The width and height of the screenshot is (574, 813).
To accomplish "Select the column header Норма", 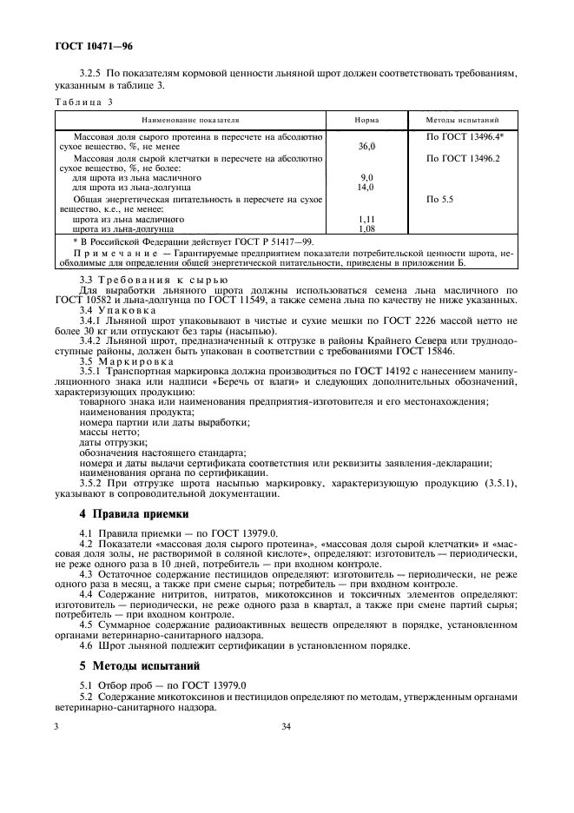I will (x=366, y=120).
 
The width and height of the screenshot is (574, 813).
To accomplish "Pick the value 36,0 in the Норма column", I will (x=366, y=147).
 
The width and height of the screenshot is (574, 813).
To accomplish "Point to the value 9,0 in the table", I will (x=366, y=177).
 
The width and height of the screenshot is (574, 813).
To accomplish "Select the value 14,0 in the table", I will (x=366, y=187).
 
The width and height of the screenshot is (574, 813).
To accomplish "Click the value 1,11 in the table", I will (x=366, y=219).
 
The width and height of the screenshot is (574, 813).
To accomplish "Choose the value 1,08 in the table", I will (x=366, y=228).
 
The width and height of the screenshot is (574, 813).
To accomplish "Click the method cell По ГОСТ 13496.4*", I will (x=465, y=137).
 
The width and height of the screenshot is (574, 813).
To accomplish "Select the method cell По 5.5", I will (x=441, y=199).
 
